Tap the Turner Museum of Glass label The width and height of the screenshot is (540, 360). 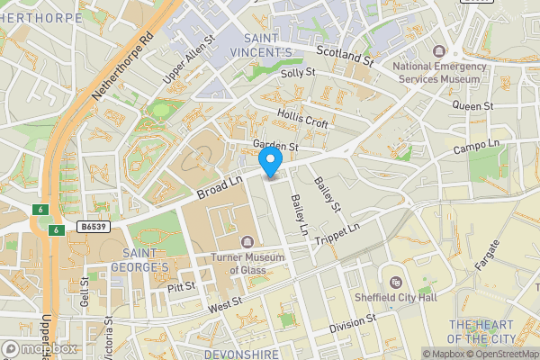[x=247, y=264]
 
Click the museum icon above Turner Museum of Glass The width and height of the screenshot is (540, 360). [x=247, y=241]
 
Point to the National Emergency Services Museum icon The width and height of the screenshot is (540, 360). [x=439, y=51]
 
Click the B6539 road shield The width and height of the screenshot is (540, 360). [x=93, y=228]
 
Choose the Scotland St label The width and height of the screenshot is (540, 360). [x=344, y=56]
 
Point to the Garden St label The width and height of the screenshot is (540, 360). [x=275, y=146]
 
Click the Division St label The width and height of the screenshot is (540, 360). [x=352, y=323]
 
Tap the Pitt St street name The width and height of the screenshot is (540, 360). [x=181, y=288]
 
